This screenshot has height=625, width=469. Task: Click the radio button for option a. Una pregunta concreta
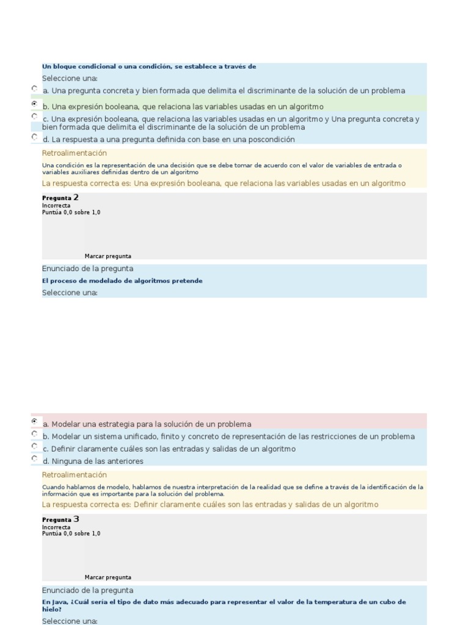34,89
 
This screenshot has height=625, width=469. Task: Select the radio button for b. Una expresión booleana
34,104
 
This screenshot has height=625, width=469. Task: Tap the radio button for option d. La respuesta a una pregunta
34,137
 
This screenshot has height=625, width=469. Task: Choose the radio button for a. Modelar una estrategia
34,421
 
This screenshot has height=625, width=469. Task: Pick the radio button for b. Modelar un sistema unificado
34,434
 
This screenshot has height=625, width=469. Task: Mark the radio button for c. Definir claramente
34,446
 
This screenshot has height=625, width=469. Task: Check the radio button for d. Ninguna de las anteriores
34,459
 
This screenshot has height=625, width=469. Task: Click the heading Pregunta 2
60,198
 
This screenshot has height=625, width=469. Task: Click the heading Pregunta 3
60,519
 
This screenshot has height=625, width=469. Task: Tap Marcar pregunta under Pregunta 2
107,256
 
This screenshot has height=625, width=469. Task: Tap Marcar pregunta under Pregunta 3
107,577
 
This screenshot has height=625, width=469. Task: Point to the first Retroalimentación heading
74,153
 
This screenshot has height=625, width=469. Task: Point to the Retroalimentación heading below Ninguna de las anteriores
74,475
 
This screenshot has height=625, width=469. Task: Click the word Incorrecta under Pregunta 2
56,206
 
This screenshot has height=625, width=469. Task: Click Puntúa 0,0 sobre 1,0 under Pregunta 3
71,533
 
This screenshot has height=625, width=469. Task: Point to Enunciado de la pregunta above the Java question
87,590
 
